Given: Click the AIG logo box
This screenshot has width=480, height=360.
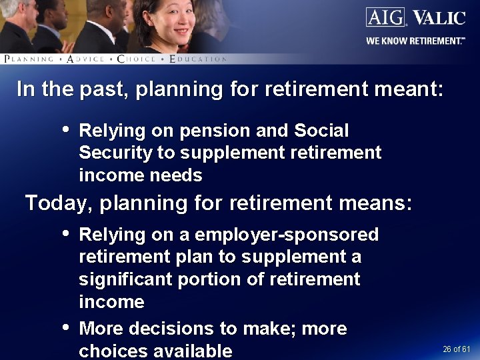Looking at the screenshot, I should click(386, 17).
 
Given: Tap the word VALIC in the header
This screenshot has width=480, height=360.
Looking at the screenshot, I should click(439, 17).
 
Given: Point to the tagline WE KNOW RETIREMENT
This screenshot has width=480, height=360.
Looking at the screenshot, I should click(415, 41).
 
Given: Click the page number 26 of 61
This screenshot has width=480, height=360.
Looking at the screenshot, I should click(457, 349).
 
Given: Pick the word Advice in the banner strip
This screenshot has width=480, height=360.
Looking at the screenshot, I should click(85, 59).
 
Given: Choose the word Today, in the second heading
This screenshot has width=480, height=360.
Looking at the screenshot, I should click(59, 203).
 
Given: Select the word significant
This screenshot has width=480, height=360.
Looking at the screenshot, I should click(126, 279).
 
